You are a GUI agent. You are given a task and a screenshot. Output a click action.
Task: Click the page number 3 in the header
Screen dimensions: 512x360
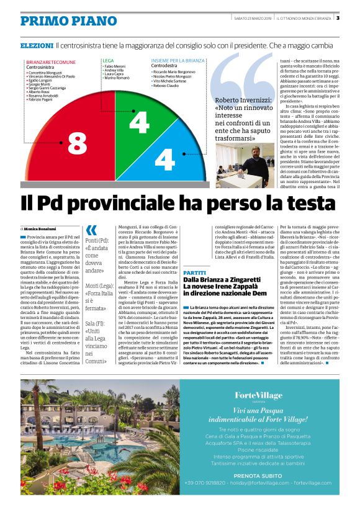click(x=354, y=17)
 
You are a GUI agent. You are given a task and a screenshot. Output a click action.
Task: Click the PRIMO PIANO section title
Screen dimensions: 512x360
click(x=60, y=20)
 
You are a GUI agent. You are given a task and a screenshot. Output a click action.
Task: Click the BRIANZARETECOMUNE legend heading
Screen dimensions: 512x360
click(x=50, y=63)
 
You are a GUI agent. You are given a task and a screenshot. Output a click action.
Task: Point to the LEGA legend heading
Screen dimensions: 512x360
click(x=108, y=60)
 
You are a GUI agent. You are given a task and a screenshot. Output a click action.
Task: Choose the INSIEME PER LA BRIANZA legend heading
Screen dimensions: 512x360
click(x=178, y=60)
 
